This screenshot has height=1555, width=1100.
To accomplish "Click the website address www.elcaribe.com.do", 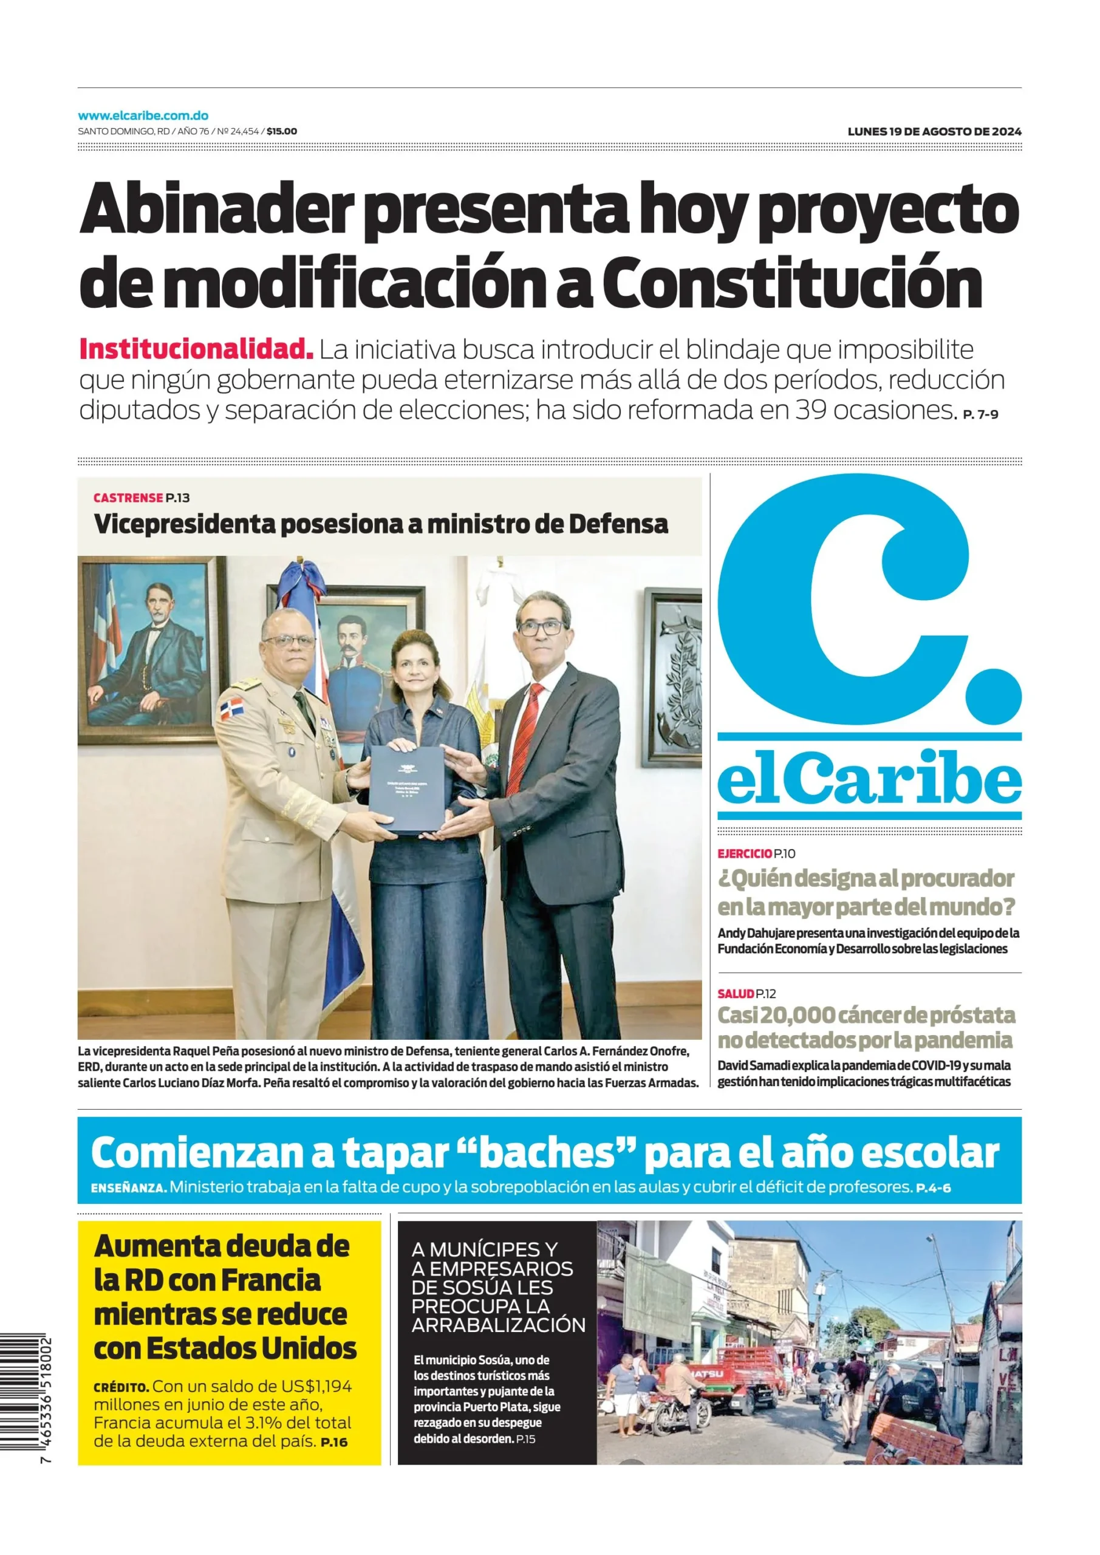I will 143,116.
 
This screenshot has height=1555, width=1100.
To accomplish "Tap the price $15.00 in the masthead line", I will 282,131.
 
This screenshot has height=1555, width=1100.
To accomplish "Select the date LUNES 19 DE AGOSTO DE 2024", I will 934,131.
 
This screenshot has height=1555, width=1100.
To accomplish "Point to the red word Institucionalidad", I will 196,349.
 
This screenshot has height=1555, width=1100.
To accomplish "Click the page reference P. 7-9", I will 980,414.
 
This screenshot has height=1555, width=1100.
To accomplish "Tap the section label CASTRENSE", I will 128,498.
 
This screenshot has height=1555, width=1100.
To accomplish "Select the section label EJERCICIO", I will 745,853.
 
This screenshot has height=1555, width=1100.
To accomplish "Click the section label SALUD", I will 736,994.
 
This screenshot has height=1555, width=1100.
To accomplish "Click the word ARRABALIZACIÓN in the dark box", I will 498,1325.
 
